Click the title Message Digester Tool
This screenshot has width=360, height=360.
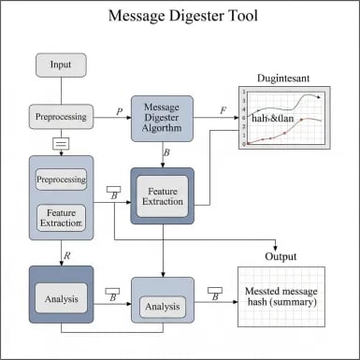(x=180, y=17)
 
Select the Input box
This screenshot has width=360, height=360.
(x=62, y=65)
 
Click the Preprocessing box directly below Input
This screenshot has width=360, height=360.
(x=62, y=118)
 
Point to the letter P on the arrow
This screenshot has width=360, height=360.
(x=119, y=111)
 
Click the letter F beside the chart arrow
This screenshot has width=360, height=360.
(x=223, y=111)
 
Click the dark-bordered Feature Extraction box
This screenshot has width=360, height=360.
(x=162, y=196)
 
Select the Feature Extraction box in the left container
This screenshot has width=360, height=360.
(x=62, y=219)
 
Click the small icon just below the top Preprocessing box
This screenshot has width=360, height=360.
(x=62, y=144)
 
